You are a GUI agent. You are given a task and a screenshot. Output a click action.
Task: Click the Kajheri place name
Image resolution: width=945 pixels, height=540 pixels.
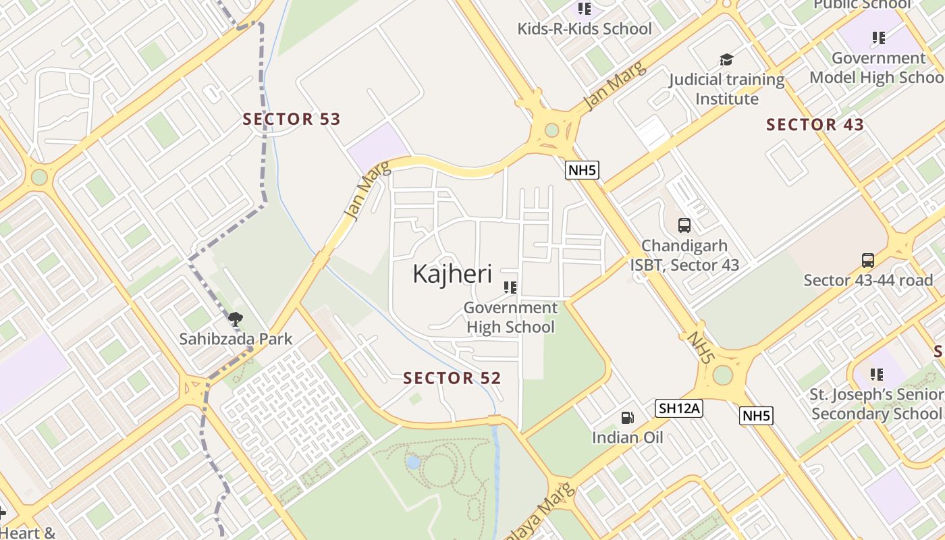[x=452, y=274]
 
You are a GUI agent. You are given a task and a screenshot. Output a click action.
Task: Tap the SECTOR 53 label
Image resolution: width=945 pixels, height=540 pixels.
[x=292, y=119]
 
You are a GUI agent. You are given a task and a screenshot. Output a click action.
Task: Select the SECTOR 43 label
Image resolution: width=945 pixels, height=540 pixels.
[x=815, y=125]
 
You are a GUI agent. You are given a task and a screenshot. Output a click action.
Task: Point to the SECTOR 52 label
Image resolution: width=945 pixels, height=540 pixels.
[x=452, y=379]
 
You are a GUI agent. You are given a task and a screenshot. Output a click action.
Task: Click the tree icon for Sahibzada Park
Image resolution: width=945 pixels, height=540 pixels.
[x=235, y=319]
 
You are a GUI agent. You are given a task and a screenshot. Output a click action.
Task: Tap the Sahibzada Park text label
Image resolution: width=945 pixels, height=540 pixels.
[x=236, y=339]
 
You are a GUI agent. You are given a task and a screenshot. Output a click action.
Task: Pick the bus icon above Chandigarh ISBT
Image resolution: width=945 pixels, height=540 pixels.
[x=684, y=225]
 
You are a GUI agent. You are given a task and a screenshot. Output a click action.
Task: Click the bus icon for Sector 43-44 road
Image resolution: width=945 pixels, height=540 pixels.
[x=868, y=260]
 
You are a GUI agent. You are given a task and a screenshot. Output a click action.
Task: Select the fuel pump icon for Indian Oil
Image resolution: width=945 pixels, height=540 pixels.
[x=628, y=418]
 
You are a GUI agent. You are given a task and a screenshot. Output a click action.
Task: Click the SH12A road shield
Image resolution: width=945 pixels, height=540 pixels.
[x=679, y=408]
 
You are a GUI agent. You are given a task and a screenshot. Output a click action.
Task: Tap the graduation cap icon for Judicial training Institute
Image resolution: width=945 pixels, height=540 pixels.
[x=726, y=60]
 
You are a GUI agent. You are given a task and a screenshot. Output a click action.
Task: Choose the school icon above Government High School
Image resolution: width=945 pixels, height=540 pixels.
[x=510, y=288]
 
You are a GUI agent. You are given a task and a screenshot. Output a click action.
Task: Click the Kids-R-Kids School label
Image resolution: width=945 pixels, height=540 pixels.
[x=585, y=29]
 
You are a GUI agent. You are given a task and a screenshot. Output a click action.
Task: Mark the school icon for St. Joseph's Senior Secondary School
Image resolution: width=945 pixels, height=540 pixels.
[x=877, y=374]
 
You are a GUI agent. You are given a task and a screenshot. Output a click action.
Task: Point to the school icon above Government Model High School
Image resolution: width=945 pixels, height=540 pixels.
[x=878, y=38]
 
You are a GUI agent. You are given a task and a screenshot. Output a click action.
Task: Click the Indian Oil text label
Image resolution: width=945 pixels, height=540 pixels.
[x=628, y=437]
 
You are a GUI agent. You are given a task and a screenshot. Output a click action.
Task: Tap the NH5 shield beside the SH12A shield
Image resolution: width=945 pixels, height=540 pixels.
[x=756, y=416]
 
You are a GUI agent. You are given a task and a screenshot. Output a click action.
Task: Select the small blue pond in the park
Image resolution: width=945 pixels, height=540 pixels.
[x=413, y=462]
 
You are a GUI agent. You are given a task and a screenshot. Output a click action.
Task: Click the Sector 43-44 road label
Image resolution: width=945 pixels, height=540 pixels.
[x=868, y=280]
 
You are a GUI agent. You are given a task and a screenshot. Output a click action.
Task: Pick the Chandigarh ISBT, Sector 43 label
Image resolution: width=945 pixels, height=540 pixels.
[x=684, y=255]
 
